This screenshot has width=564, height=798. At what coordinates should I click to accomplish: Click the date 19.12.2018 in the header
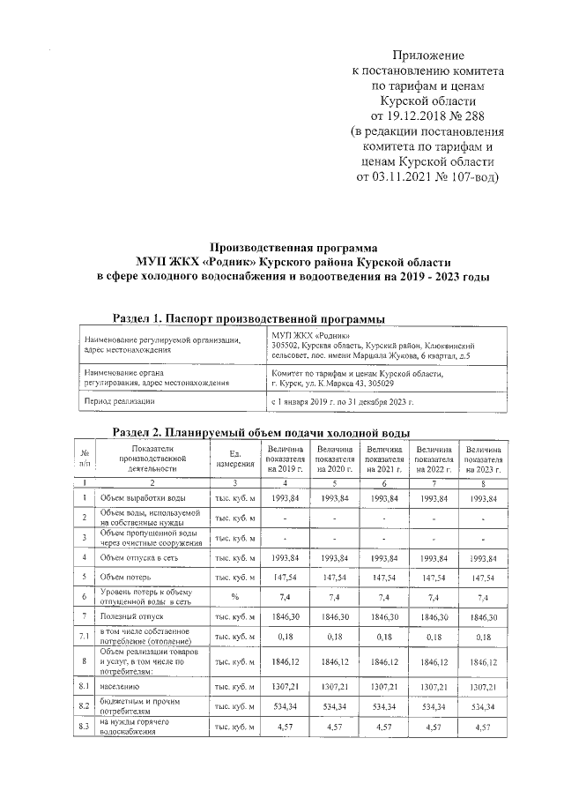pyautogui.click(x=417, y=116)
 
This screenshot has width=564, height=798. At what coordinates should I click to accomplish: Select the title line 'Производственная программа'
pyautogui.click(x=293, y=248)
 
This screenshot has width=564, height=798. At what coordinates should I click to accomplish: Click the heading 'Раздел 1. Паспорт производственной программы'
pyautogui.click(x=250, y=318)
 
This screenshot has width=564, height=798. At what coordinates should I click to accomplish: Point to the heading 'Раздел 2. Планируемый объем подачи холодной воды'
pyautogui.click(x=262, y=433)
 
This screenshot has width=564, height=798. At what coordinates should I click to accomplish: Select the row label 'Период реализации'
pyautogui.click(x=120, y=401)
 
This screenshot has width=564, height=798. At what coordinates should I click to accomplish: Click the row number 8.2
pyautogui.click(x=85, y=706)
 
